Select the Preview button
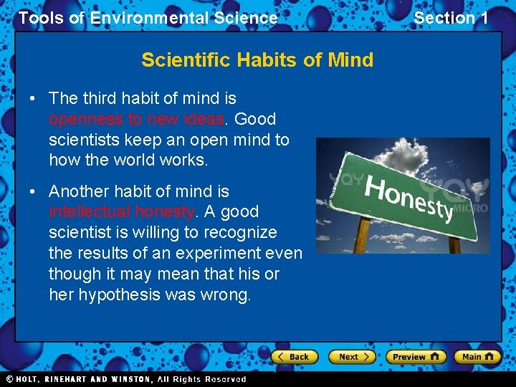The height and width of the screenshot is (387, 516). (416, 356)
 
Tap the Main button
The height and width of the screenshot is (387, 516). (477, 356)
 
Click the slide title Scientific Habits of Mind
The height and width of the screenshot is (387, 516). (257, 59)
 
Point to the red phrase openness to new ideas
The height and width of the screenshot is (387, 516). (137, 119)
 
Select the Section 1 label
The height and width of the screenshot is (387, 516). (451, 18)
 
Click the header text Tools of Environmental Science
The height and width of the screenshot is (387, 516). (148, 18)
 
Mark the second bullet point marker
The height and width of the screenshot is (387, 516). (34, 192)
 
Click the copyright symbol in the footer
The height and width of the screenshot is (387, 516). (9, 379)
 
